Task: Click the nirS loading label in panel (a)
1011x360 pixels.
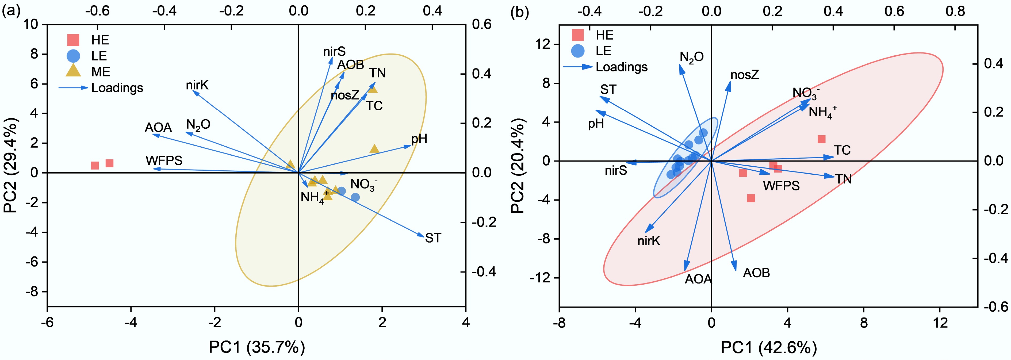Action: pyautogui.click(x=334, y=51)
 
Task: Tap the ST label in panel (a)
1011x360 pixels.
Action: pyautogui.click(x=433, y=238)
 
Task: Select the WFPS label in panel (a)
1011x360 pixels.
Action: pyautogui.click(x=164, y=160)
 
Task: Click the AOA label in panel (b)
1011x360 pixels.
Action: pyautogui.click(x=698, y=279)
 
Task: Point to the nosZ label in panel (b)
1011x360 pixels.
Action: pyautogui.click(x=745, y=75)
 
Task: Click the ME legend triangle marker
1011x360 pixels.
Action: pyautogui.click(x=73, y=71)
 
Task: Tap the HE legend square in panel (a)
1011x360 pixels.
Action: pyautogui.click(x=73, y=40)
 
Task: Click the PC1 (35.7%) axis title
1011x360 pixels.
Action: pyautogui.click(x=257, y=347)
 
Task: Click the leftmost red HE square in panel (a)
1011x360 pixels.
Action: pyautogui.click(x=95, y=165)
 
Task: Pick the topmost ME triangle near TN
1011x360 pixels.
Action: pyautogui.click(x=373, y=89)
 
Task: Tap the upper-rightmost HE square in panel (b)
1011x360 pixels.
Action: pyautogui.click(x=821, y=139)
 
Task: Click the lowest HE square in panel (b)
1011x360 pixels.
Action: pyautogui.click(x=751, y=198)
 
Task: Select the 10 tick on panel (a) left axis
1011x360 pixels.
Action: pyautogui.click(x=30, y=24)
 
